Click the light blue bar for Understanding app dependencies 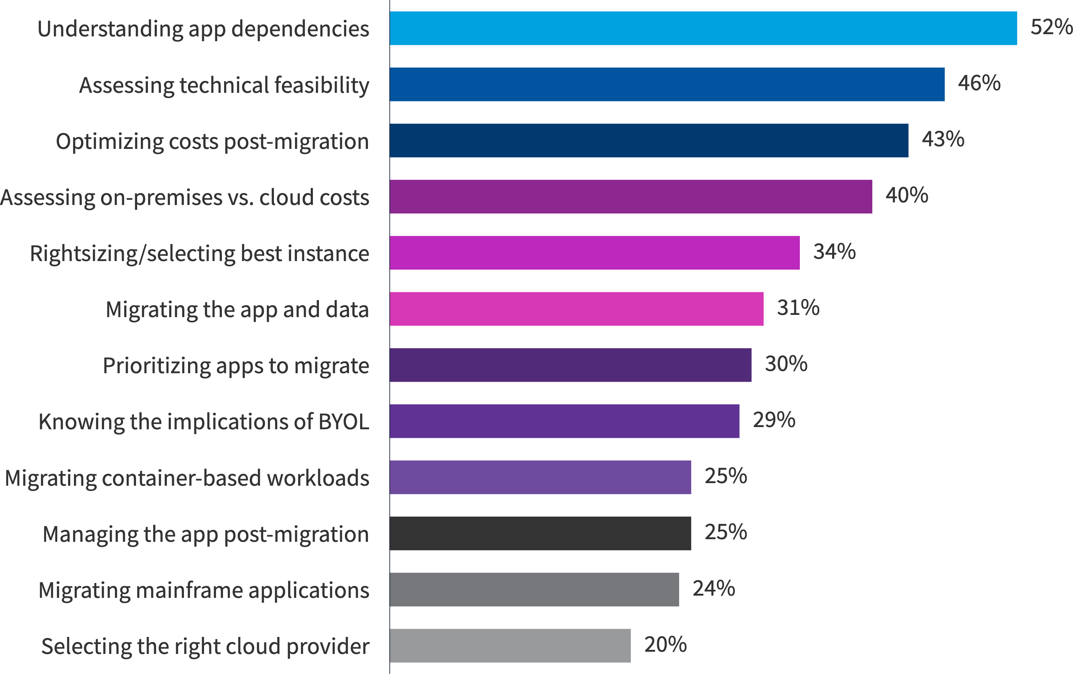pyautogui.click(x=703, y=28)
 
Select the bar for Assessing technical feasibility pyautogui.click(x=667, y=84)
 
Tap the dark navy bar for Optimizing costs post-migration pyautogui.click(x=649, y=140)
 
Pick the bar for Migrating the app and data pyautogui.click(x=576, y=309)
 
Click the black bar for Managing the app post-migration pyautogui.click(x=540, y=533)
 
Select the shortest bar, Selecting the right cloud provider pyautogui.click(x=510, y=645)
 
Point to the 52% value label pyautogui.click(x=1051, y=27)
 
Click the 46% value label pyautogui.click(x=979, y=83)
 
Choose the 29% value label pyautogui.click(x=774, y=420)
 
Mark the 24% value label pyautogui.click(x=713, y=588)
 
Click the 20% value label pyautogui.click(x=665, y=644)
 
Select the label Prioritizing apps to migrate pyautogui.click(x=236, y=366)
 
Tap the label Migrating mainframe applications pyautogui.click(x=204, y=590)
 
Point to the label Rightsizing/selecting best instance pyautogui.click(x=199, y=254)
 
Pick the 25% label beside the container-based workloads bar pyautogui.click(x=725, y=476)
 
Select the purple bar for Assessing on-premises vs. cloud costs pyautogui.click(x=630, y=196)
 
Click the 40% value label pyautogui.click(x=906, y=195)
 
